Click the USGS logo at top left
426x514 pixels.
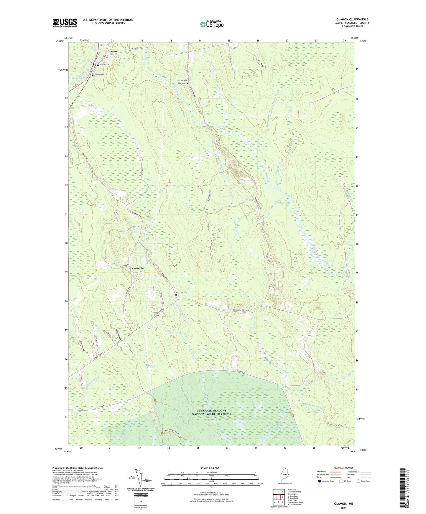click(x=65, y=23)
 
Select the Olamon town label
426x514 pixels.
click(x=112, y=52)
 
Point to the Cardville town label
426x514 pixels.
click(x=138, y=269)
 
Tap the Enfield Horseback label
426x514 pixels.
click(x=183, y=82)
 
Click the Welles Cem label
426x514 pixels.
click(x=104, y=65)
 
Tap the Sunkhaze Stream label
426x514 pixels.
click(x=313, y=404)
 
